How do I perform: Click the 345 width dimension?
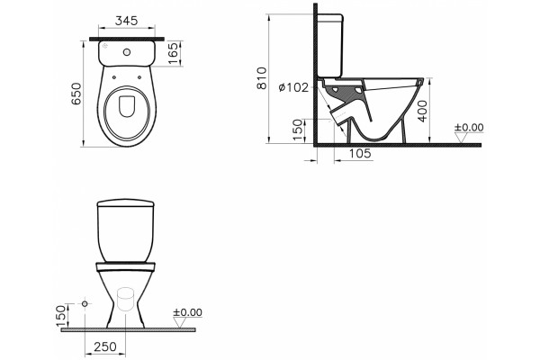126,21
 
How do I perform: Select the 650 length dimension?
76,94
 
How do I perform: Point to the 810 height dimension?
262,78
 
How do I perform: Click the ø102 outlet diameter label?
293,87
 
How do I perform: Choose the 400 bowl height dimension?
422,111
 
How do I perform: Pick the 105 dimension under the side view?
361,153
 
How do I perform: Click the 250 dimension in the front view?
105,346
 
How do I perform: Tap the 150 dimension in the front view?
60,316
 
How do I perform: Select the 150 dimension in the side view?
298,130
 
